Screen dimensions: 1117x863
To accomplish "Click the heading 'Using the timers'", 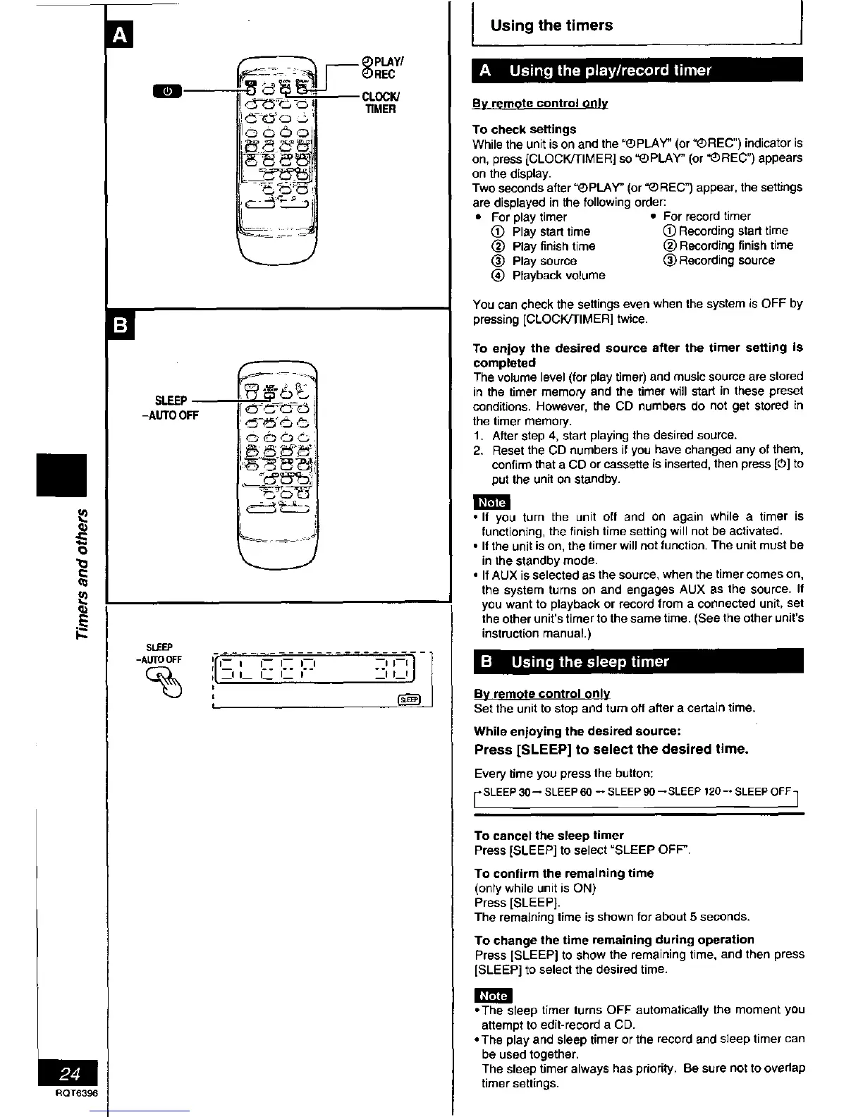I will pos(551,25).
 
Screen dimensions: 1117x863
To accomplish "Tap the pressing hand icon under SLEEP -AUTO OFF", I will pos(164,683).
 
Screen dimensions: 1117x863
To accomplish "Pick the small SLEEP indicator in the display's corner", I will pos(410,700).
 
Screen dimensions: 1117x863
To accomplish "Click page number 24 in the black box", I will pos(69,1075).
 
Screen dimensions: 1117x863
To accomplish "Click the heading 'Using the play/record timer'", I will pos(610,71).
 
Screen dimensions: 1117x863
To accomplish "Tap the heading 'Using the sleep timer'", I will pos(589,661).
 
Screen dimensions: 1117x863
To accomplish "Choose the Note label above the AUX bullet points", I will pos(491,502).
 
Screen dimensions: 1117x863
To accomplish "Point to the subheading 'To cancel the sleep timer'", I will pos(549,835).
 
